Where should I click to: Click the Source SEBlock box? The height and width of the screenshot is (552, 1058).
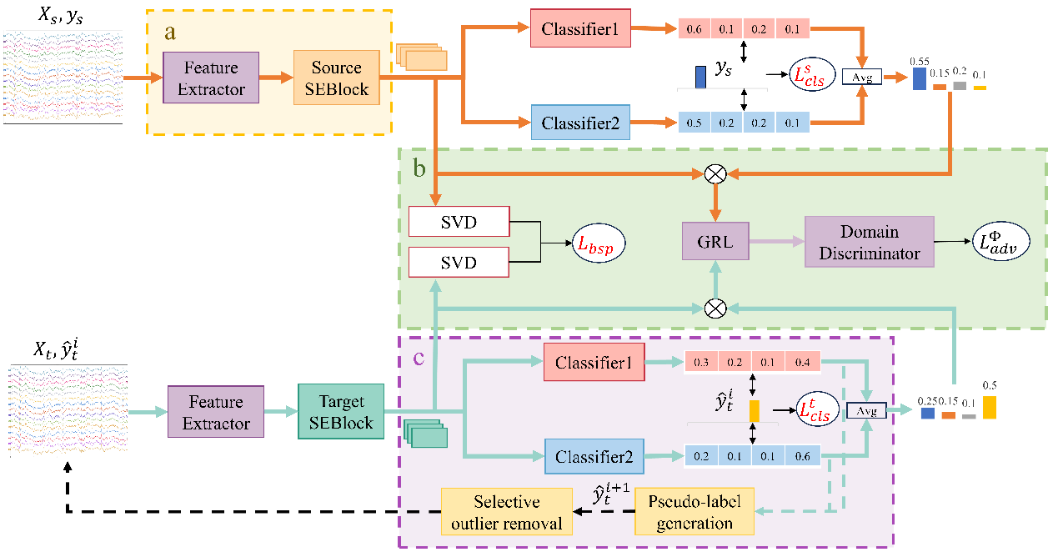coord(336,78)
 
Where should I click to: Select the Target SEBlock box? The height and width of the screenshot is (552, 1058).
coord(339,411)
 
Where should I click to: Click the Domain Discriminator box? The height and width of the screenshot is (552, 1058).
coord(869,242)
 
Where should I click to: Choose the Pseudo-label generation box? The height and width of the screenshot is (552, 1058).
coord(694,512)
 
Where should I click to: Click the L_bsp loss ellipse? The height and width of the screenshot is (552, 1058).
coord(597,243)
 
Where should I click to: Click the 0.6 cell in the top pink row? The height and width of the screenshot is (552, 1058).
coord(694,30)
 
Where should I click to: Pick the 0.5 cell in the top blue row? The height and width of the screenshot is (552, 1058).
coord(694,123)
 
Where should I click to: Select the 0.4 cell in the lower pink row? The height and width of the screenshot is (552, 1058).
coord(803,362)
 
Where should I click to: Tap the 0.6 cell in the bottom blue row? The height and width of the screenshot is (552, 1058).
coord(803,455)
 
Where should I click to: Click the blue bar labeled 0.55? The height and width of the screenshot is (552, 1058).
coord(919,78)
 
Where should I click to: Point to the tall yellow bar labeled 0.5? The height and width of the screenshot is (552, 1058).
coord(989,407)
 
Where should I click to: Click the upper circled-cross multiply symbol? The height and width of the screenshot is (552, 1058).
coord(715,173)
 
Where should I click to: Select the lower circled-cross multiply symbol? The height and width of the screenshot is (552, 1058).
coord(715,308)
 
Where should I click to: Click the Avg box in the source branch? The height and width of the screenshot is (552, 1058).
coord(862,77)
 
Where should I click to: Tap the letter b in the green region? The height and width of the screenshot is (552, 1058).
coord(419,167)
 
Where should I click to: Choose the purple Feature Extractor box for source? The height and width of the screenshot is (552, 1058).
coord(212,78)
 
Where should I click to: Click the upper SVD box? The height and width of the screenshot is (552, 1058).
coord(459,221)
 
